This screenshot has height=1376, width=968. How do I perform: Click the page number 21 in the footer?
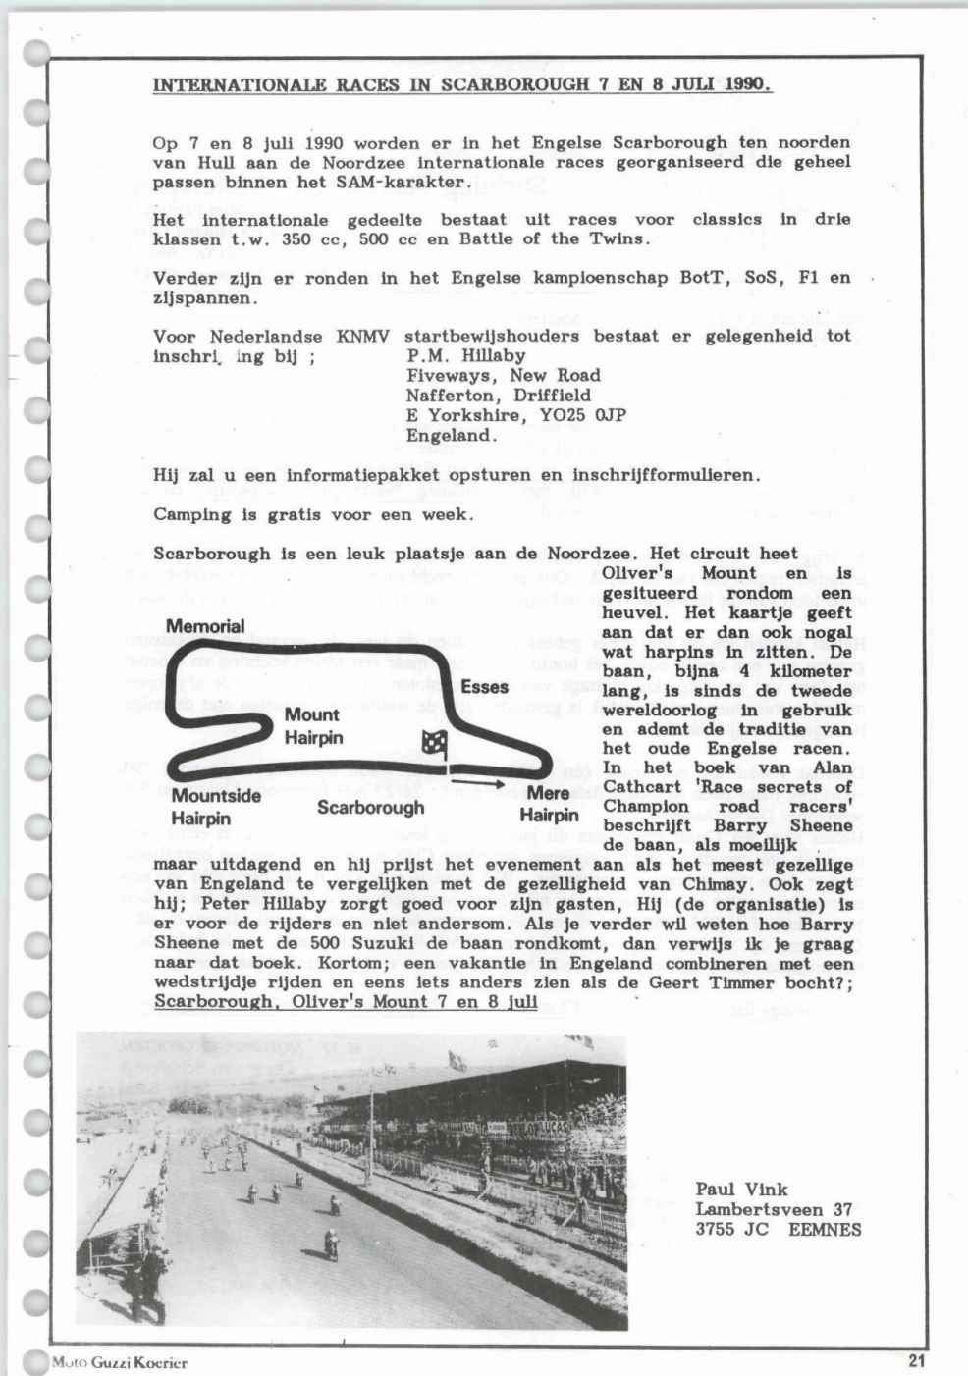(917, 1359)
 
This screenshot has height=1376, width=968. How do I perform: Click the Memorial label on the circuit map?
(205, 626)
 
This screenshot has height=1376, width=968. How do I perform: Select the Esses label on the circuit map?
(484, 687)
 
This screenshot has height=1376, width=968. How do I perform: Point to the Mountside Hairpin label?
(215, 806)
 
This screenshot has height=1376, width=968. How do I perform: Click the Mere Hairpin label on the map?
(549, 804)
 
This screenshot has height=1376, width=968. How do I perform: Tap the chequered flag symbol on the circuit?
(433, 744)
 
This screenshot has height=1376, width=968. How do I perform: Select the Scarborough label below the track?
(370, 808)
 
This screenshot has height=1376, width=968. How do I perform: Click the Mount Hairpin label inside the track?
(312, 725)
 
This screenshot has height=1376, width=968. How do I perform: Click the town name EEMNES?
(825, 1229)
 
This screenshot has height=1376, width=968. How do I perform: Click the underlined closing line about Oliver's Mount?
(346, 1001)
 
